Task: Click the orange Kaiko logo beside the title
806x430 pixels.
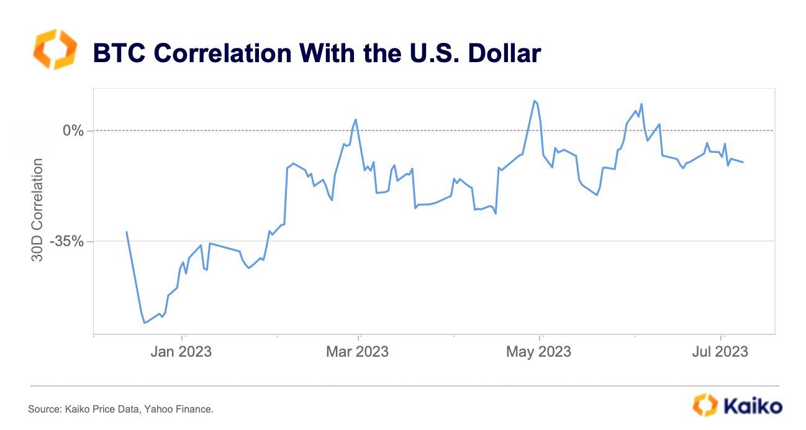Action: click(x=55, y=48)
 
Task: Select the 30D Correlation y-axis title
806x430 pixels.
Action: click(x=38, y=209)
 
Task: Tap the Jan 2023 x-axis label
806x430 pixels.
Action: click(x=180, y=352)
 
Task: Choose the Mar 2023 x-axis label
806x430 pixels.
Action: click(x=357, y=352)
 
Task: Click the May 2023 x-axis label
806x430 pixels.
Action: click(x=538, y=352)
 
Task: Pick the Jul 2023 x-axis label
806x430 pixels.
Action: click(x=721, y=352)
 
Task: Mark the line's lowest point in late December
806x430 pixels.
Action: click(x=144, y=322)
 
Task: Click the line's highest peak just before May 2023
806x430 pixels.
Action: click(x=533, y=101)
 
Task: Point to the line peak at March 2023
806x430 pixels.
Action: click(x=355, y=119)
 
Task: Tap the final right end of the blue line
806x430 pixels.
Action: click(x=744, y=162)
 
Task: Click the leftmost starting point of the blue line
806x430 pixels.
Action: click(x=127, y=232)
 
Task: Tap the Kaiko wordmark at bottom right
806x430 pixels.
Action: click(x=753, y=406)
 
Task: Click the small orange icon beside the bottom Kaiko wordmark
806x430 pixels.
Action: click(x=705, y=405)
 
